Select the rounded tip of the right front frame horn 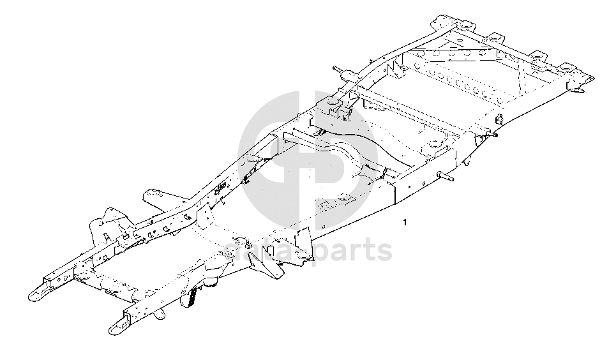114,329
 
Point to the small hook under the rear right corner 578,91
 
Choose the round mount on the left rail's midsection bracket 334,102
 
